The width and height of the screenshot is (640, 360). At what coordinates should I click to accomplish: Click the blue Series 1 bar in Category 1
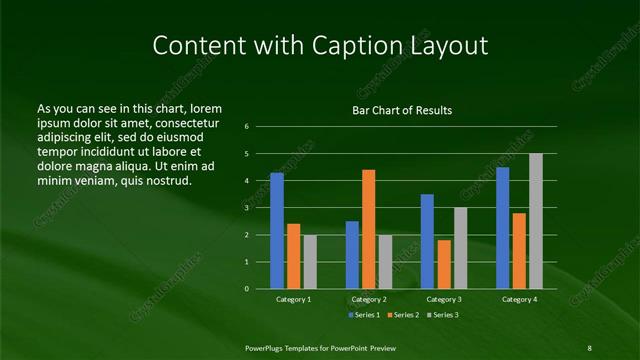pos(277,230)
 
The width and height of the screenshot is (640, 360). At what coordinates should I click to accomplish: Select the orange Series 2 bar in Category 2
pos(369,229)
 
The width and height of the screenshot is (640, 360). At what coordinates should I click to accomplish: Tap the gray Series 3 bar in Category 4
pos(536,220)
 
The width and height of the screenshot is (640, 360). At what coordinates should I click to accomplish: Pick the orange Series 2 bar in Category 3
pos(444,264)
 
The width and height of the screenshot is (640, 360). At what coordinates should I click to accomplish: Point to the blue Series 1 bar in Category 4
pos(502,227)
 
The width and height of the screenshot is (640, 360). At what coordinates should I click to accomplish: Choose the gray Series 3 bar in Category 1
pos(310,261)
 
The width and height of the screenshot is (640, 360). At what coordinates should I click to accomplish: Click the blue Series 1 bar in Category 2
pos(352,254)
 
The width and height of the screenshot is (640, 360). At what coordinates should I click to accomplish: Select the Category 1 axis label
pos(294,299)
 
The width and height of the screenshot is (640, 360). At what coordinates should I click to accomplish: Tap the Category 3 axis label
pos(444,299)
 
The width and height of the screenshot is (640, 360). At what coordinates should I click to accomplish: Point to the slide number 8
pos(589,346)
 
